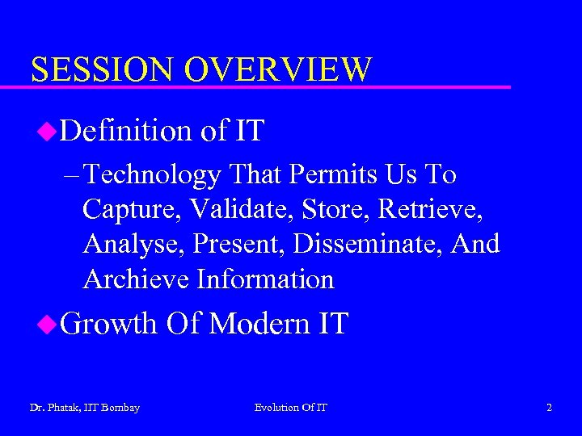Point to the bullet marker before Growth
(x=48, y=324)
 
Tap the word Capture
(x=133, y=209)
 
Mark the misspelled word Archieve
(x=136, y=279)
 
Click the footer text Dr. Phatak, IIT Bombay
(x=84, y=408)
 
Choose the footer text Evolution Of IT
(x=291, y=408)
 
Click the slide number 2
(x=549, y=408)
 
